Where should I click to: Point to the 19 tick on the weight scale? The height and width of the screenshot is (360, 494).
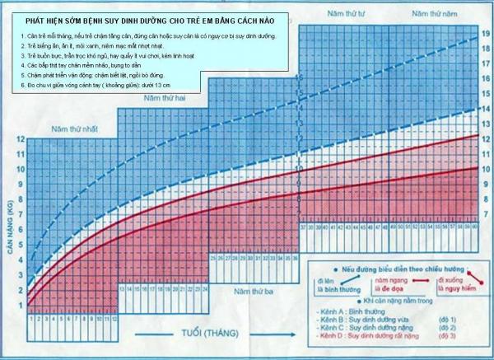[x=486, y=34]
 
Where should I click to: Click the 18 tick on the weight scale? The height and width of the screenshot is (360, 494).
[x=486, y=49]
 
